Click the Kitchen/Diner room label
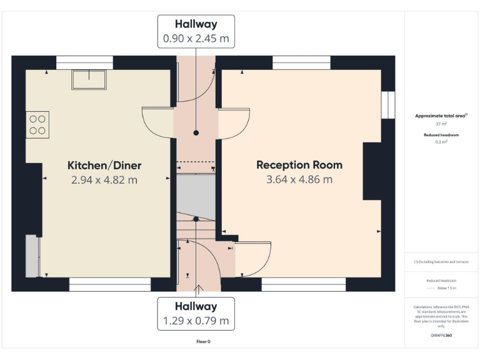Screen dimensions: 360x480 (104, 166)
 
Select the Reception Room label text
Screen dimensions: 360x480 (299, 165)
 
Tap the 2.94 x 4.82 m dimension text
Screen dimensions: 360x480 (104, 180)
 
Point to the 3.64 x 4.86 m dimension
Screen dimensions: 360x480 (299, 180)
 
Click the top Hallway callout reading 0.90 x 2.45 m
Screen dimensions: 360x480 (196, 31)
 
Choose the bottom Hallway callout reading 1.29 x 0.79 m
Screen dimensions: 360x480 (196, 314)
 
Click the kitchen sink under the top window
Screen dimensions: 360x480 (89, 79)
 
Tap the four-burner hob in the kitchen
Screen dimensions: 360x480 (37, 124)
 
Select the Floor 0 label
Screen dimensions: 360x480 (203, 342)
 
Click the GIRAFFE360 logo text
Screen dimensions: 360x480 (441, 336)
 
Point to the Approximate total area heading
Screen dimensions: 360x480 (441, 116)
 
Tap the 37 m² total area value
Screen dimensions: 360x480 (441, 124)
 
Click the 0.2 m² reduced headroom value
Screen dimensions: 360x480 (441, 142)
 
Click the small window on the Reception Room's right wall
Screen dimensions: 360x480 (388, 105)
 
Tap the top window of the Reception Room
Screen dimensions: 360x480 (301, 62)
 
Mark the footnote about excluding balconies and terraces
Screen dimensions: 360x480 (441, 262)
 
